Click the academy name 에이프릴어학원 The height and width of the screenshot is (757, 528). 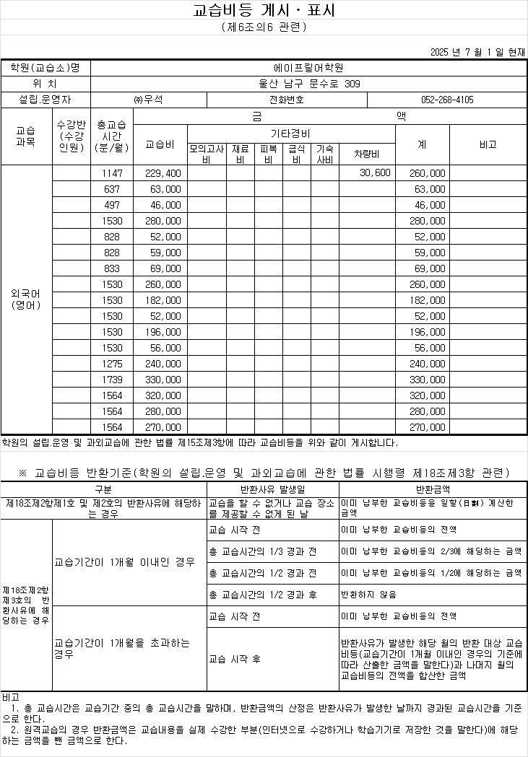(309, 68)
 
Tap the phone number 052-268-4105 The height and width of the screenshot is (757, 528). (447, 100)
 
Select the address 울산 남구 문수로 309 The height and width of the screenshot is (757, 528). (309, 84)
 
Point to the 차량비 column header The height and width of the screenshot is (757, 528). (367, 154)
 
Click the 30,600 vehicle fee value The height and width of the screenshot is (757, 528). (374, 173)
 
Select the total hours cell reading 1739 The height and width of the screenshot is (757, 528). (113, 380)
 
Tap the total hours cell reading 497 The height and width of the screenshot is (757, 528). (113, 205)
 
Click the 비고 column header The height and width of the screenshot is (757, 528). (488, 144)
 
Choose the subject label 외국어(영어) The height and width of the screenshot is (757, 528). (26, 300)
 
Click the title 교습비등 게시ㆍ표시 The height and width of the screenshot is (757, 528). (264, 11)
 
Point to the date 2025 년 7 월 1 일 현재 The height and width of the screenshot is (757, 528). (477, 51)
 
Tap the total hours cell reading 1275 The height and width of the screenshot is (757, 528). (113, 364)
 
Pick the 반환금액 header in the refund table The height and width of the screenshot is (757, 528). (433, 489)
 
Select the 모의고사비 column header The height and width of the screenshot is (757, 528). (206, 154)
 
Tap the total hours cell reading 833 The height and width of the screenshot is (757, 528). (113, 268)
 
